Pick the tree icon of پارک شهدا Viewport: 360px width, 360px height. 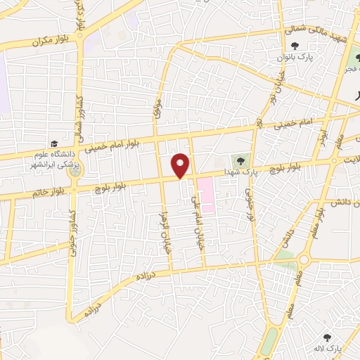(x=240, y=161)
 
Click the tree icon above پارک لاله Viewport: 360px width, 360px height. (x=326, y=337)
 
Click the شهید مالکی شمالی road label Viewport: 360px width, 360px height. (x=316, y=32)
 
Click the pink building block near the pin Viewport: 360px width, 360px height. (x=205, y=188)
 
